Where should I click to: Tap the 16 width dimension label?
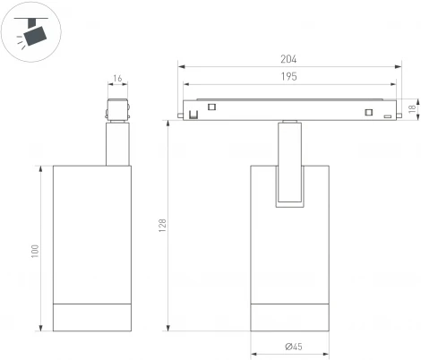(118, 80)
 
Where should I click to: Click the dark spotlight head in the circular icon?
(36, 34)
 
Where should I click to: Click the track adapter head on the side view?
(116, 108)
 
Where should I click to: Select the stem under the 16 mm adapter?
(116, 144)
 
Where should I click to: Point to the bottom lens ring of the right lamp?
(289, 318)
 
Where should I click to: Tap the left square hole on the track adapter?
(212, 107)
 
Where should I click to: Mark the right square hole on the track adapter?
(367, 111)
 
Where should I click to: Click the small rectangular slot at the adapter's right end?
(387, 116)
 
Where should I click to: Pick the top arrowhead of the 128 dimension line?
(169, 124)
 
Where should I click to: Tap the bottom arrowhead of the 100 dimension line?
(41, 330)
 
